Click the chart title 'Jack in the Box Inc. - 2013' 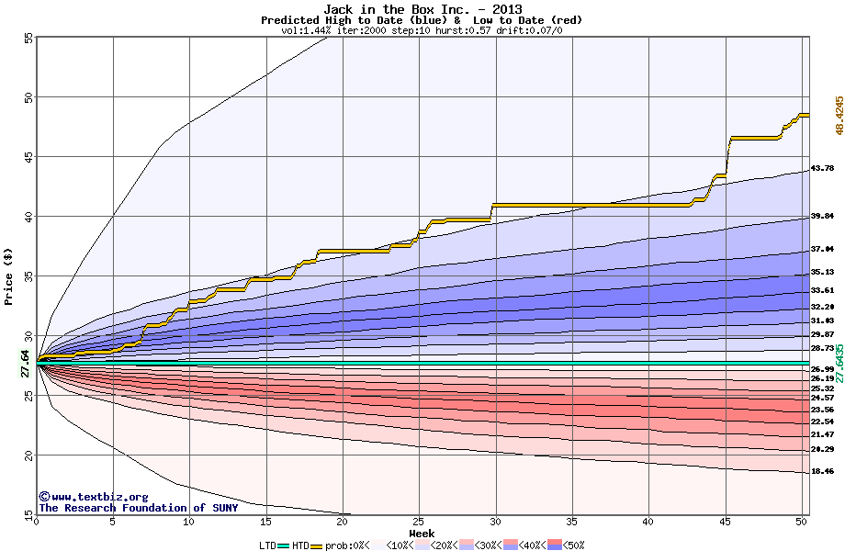[422, 9]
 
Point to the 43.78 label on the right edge [822, 168]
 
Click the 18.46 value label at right [822, 471]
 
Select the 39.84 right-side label [822, 216]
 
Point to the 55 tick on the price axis [28, 38]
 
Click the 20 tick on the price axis [28, 455]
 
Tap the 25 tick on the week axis [419, 522]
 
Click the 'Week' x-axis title [422, 533]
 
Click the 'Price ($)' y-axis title [9, 275]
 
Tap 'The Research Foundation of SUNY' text [138, 508]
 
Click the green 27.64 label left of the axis [25, 364]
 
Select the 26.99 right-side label [822, 369]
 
